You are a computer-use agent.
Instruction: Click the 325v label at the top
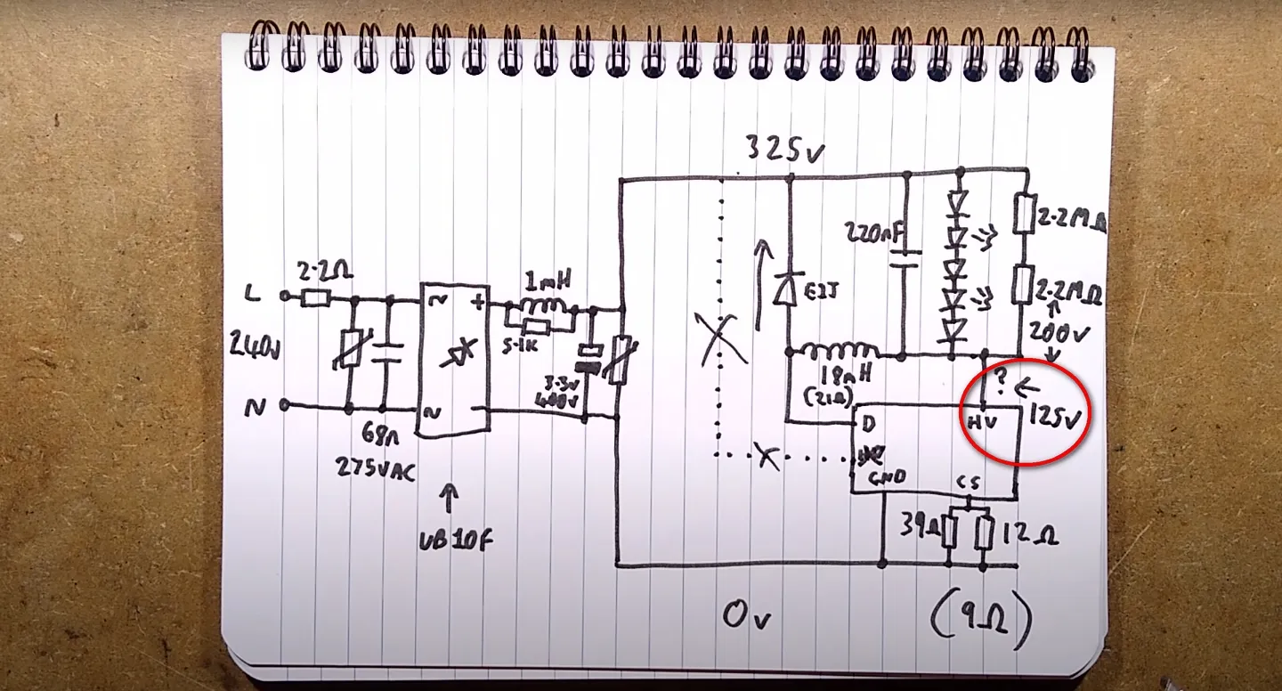point(784,150)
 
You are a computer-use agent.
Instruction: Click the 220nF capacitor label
point(876,234)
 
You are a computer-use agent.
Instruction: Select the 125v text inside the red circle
point(1058,415)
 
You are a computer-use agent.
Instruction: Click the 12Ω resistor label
point(1029,535)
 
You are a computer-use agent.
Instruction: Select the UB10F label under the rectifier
point(457,541)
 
